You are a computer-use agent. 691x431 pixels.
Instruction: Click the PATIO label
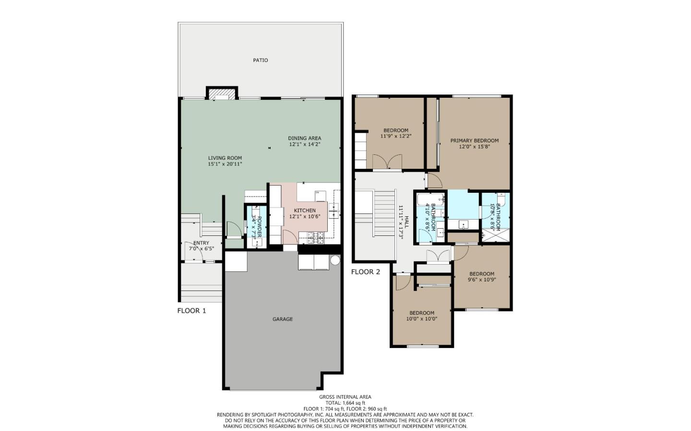(x=261, y=60)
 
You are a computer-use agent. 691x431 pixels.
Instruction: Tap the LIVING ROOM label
(x=225, y=158)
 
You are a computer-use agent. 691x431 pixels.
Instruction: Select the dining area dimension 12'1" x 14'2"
(x=304, y=144)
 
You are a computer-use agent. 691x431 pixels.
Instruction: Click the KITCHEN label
(x=305, y=210)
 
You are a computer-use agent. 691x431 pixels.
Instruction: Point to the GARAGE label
(x=283, y=319)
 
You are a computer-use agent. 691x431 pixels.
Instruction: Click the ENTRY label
(x=201, y=243)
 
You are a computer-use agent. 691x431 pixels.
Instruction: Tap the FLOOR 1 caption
(x=191, y=311)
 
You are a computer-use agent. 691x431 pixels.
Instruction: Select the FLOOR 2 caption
(x=365, y=272)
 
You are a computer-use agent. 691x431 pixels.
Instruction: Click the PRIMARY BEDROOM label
(x=474, y=140)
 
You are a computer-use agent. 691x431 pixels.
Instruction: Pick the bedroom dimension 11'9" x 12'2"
(x=396, y=136)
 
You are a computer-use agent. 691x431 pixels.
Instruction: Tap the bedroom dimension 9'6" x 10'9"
(x=482, y=280)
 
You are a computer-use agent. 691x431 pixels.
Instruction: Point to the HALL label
(x=406, y=221)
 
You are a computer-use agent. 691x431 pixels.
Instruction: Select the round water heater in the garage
(x=335, y=260)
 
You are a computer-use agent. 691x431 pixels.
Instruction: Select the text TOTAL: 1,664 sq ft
(x=345, y=403)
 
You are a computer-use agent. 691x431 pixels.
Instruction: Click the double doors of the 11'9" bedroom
(x=387, y=162)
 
